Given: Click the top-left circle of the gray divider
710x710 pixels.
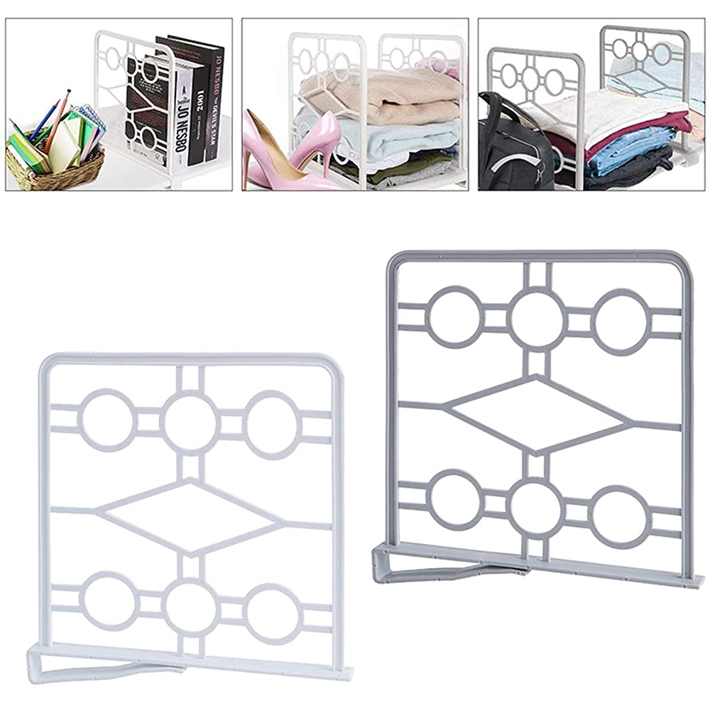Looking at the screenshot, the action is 455,317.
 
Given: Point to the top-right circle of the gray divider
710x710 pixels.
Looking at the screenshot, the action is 621,320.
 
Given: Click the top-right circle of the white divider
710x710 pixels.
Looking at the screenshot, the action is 273,424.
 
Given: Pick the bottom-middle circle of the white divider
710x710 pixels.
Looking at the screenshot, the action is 190,608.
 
